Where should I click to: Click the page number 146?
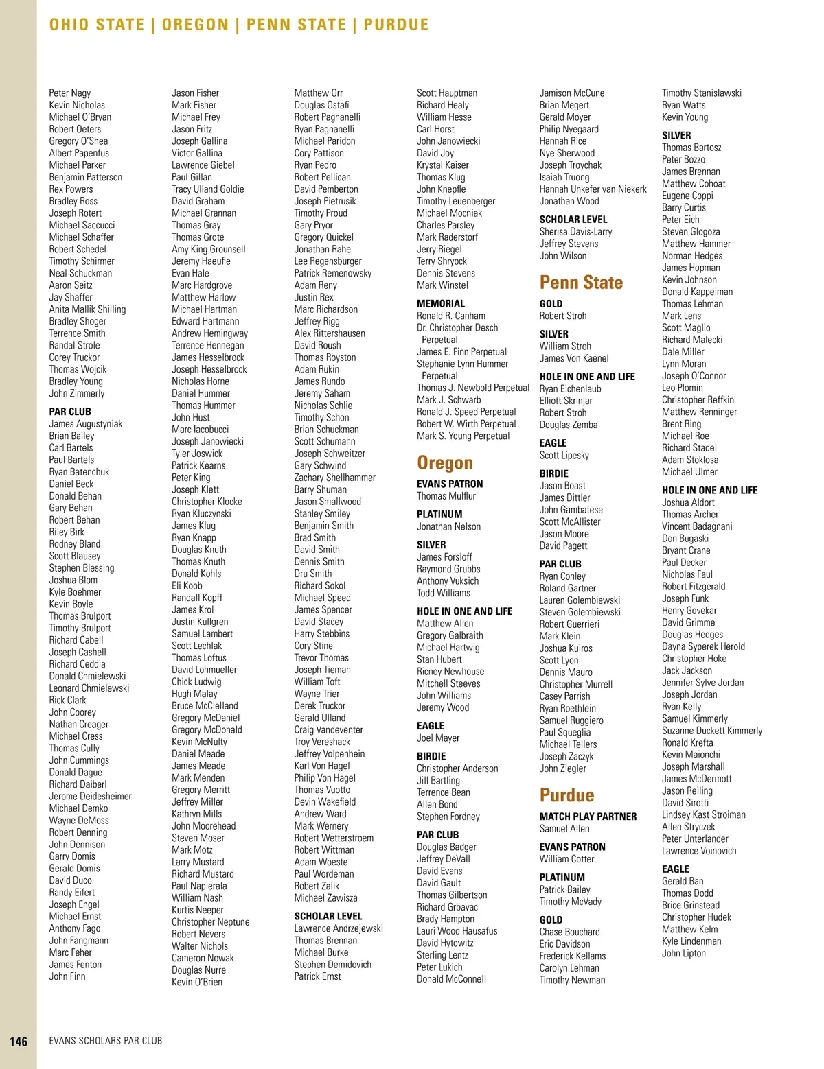pyautogui.click(x=19, y=1042)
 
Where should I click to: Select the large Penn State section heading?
pyautogui.click(x=581, y=283)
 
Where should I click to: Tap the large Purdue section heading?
pyautogui.click(x=566, y=795)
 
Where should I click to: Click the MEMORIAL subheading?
pyautogui.click(x=441, y=303)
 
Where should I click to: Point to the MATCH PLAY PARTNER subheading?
pyautogui.click(x=588, y=817)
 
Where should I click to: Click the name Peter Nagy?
pyautogui.click(x=70, y=93)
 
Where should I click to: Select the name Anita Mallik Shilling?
pyautogui.click(x=87, y=309)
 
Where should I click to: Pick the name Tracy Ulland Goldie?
pyautogui.click(x=207, y=189)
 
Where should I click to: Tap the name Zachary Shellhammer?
pyautogui.click(x=334, y=478)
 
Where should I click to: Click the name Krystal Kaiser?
pyautogui.click(x=443, y=165)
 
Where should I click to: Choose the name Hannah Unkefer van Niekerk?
pyautogui.click(x=593, y=189)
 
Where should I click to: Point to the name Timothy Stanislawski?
pyautogui.click(x=701, y=93)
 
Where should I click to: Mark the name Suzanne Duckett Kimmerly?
pyautogui.click(x=712, y=731)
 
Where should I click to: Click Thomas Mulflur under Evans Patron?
pyautogui.click(x=446, y=496)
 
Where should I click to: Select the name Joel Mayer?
pyautogui.click(x=438, y=738)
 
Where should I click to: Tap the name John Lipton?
pyautogui.click(x=683, y=953)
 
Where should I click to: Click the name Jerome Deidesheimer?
pyautogui.click(x=90, y=797)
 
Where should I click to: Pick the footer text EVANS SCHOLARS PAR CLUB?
pyautogui.click(x=106, y=1041)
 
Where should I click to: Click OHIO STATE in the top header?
pyautogui.click(x=97, y=25)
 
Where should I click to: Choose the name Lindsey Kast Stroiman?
pyautogui.click(x=703, y=814)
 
